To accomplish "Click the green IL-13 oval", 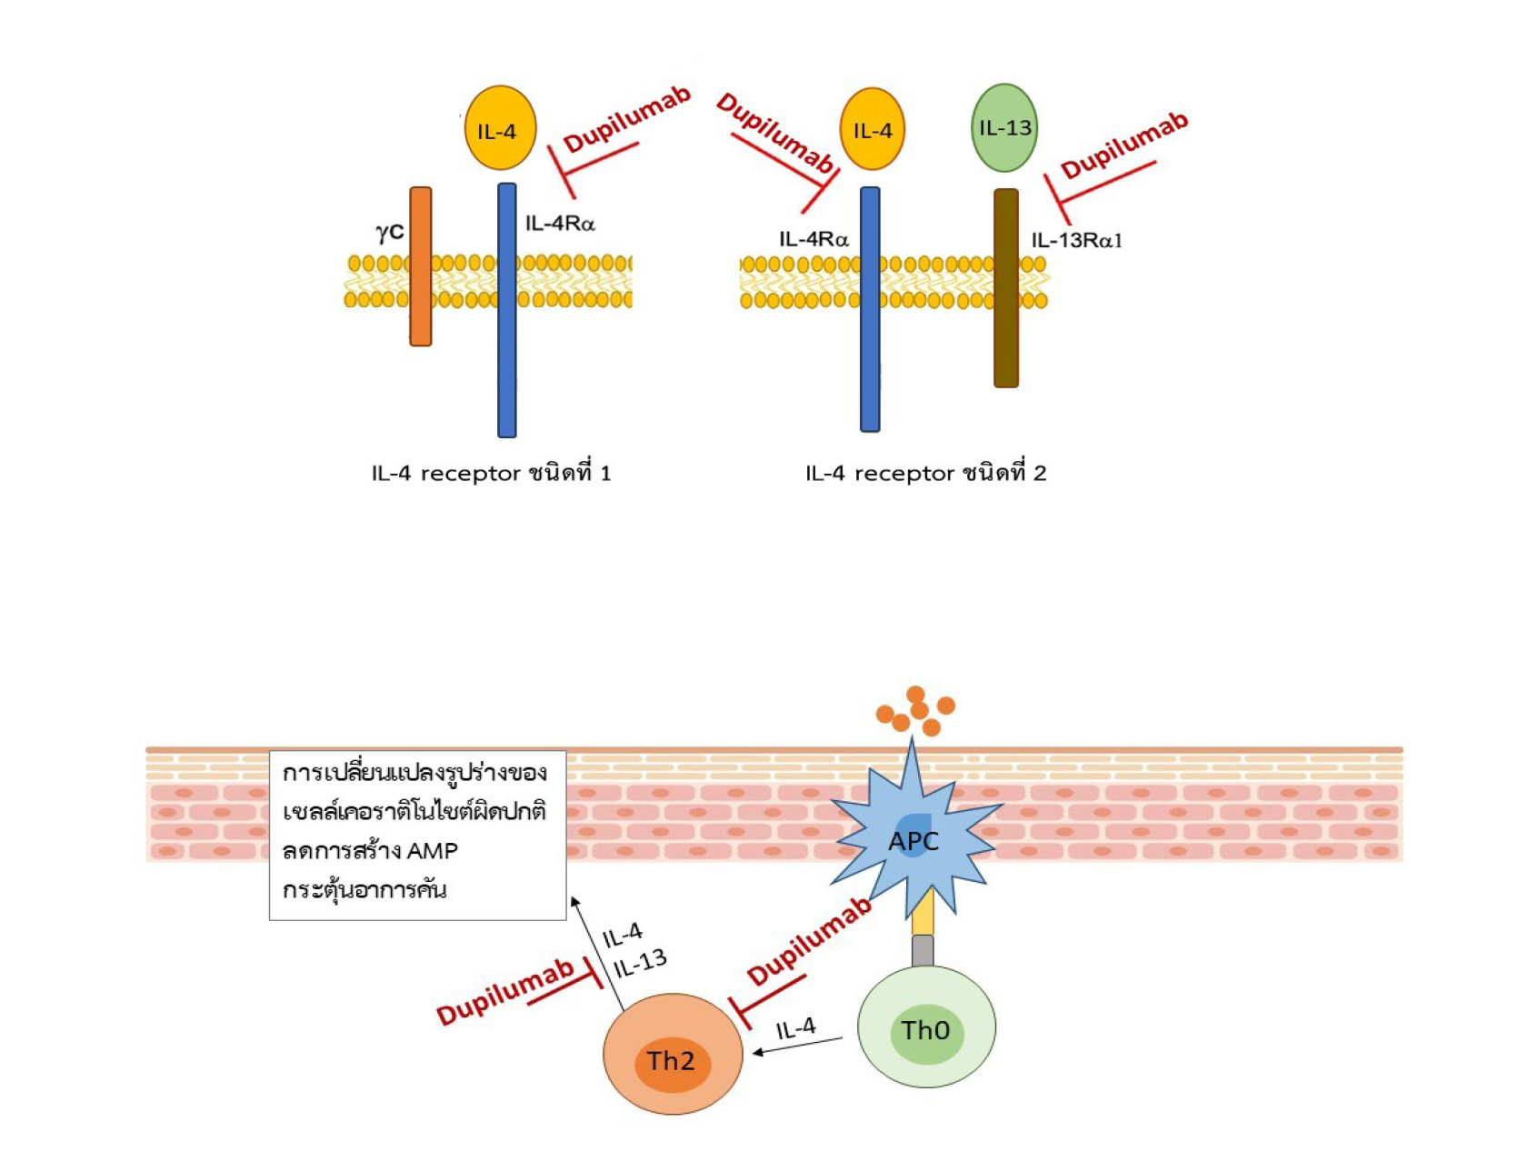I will (x=1004, y=128).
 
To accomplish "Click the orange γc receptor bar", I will (x=421, y=266).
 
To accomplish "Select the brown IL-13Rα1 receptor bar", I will (x=1006, y=288).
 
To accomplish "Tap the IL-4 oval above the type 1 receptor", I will (x=500, y=129).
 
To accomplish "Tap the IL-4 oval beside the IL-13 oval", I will (x=873, y=130).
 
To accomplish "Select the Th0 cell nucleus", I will (x=926, y=1032).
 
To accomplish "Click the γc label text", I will (x=390, y=232).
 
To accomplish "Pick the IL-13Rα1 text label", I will (x=1077, y=241).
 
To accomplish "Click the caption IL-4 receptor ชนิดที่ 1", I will (x=491, y=474).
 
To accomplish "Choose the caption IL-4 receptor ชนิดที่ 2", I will (x=925, y=474).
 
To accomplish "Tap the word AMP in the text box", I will (x=433, y=851).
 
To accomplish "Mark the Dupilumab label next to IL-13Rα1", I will (x=1124, y=145).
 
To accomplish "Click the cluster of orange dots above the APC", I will (x=916, y=711).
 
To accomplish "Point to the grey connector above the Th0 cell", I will (x=923, y=951).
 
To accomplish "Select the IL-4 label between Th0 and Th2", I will (x=796, y=1029).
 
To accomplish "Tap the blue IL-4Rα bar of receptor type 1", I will (x=507, y=310).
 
